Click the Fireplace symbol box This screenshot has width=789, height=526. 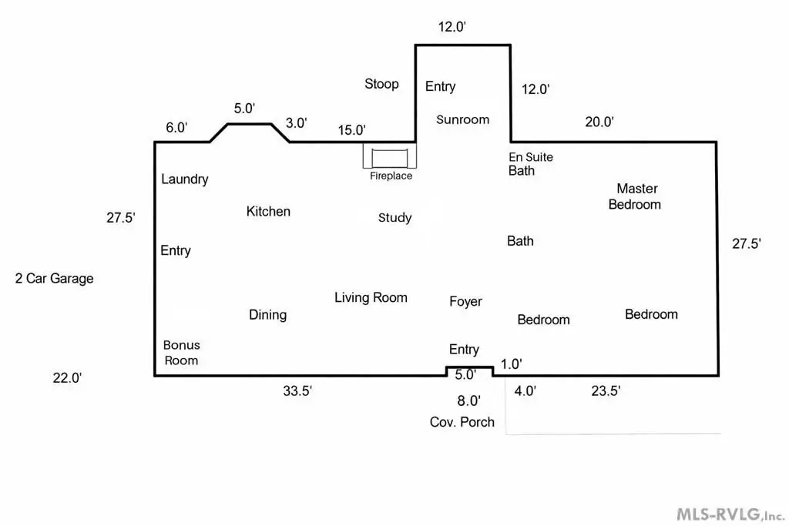(390, 157)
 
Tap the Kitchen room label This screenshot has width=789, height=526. (268, 211)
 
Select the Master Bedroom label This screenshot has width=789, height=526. (636, 196)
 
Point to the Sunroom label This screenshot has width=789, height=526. (462, 119)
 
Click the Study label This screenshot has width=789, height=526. (394, 218)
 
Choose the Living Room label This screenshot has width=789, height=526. (371, 297)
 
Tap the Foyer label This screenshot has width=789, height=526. (465, 301)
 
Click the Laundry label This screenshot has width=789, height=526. (184, 179)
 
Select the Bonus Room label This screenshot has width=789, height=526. (181, 353)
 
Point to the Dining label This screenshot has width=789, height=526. (267, 314)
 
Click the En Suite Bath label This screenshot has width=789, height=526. (531, 163)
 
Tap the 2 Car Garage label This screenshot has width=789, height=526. (54, 278)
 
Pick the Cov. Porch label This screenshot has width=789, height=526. (462, 422)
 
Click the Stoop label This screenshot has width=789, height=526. (381, 83)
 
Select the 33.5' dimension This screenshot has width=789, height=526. (297, 391)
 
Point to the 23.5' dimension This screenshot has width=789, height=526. (605, 391)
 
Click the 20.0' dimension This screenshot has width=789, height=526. (599, 122)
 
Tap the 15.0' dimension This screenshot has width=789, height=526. (351, 130)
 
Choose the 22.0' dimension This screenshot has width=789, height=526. (66, 377)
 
